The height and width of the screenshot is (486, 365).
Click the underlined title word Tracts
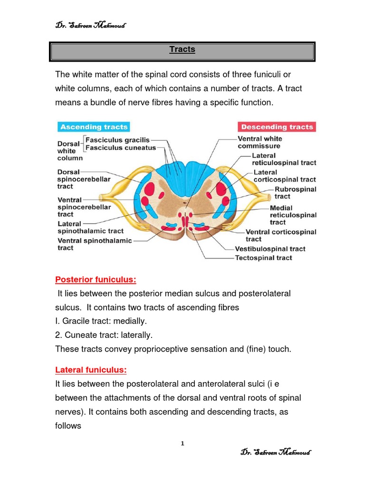click(182, 50)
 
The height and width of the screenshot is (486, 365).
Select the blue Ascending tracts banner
click(93, 127)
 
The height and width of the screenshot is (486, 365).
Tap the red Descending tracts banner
click(277, 127)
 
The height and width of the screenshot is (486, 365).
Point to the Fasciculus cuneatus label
click(121, 148)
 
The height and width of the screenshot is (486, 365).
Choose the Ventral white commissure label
click(259, 142)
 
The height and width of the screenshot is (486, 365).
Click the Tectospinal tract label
click(263, 258)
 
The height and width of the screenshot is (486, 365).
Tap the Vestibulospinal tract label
click(270, 249)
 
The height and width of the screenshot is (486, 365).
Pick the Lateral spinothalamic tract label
click(90, 227)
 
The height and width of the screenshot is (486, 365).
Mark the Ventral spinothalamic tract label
click(94, 244)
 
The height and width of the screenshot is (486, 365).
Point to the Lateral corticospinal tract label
click(284, 176)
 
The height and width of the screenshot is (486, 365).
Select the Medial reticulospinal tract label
click(293, 215)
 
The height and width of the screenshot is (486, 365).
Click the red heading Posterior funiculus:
click(92, 280)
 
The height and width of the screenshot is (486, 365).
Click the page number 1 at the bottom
click(182, 444)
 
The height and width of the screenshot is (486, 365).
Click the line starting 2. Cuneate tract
click(104, 335)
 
